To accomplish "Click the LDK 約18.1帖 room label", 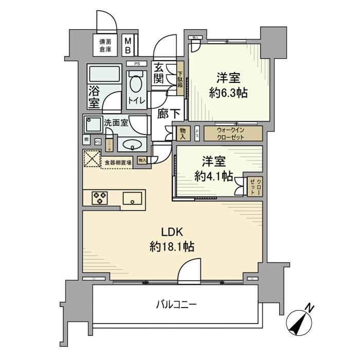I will (x=171, y=239).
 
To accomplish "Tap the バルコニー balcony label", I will (x=176, y=304).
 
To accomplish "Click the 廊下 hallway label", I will (x=163, y=114).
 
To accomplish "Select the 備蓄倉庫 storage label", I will (x=105, y=45).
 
